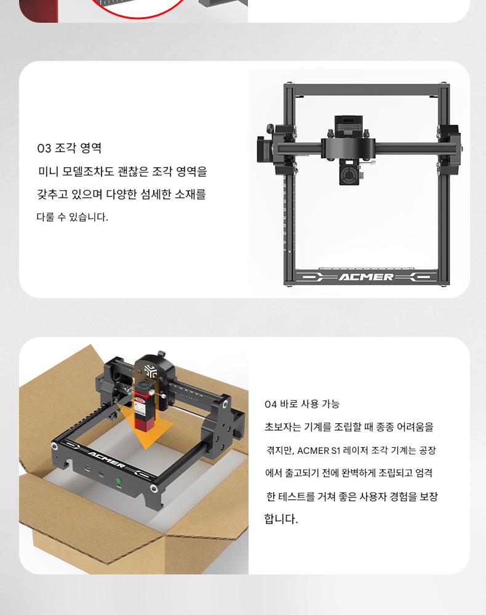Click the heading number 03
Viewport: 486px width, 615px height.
point(44,148)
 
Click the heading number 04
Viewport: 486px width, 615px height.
point(270,405)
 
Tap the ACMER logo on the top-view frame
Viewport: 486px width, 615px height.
point(366,277)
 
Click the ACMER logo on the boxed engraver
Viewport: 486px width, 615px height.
point(106,459)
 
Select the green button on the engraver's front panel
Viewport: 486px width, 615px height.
point(118,480)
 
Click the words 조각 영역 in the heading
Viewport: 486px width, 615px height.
point(78,148)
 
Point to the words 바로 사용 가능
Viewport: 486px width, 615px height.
point(309,404)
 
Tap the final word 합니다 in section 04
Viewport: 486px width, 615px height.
point(281,518)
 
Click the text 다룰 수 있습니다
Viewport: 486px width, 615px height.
point(72,217)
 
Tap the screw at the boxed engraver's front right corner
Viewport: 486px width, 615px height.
point(153,488)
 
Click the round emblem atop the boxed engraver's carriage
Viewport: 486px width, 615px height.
point(150,371)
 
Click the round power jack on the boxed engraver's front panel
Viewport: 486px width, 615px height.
point(87,467)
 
